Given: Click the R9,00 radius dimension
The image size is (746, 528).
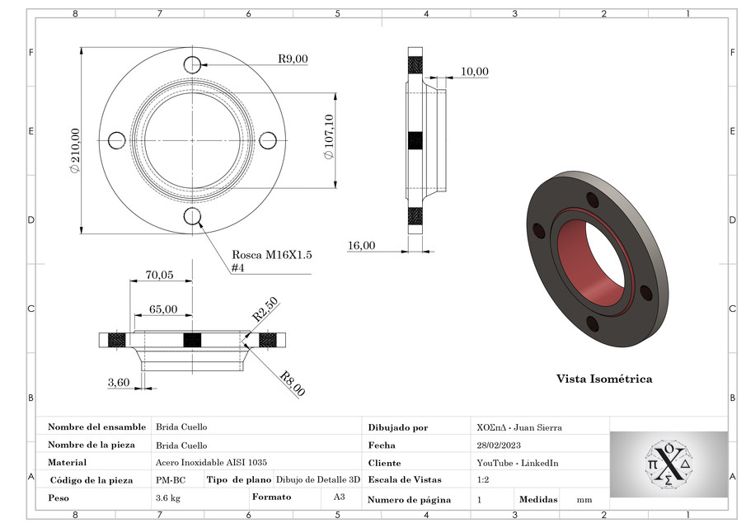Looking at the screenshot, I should [x=292, y=59].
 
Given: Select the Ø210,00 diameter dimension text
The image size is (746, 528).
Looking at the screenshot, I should [x=75, y=149].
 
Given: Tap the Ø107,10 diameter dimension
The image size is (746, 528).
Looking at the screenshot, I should [x=329, y=137].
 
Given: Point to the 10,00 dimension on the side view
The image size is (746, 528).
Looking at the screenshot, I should [x=474, y=72].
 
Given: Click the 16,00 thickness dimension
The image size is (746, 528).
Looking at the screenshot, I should [x=361, y=245].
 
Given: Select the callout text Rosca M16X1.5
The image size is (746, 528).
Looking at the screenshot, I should [x=271, y=255].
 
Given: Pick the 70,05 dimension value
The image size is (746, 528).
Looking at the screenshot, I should [x=159, y=276].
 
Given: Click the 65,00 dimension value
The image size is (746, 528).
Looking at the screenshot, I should [x=162, y=309].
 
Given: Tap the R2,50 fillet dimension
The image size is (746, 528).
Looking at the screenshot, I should [x=265, y=311].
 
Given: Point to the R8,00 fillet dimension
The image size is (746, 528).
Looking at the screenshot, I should [x=291, y=384].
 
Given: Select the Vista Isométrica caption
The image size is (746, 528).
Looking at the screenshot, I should [x=603, y=379].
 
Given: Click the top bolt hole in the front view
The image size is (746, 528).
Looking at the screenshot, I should [x=193, y=64].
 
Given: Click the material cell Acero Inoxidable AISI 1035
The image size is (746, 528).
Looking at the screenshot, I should [x=211, y=463].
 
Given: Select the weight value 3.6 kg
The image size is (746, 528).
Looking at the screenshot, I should [x=167, y=498].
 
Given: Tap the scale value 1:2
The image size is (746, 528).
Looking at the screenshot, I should [x=483, y=479].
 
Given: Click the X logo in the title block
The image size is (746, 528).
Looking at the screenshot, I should [x=669, y=464].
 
